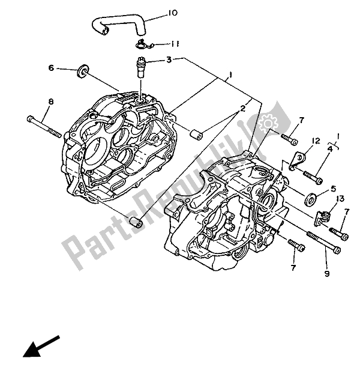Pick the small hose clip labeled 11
[x=142, y=43]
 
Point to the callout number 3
[x=169, y=59]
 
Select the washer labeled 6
[x=81, y=72]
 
